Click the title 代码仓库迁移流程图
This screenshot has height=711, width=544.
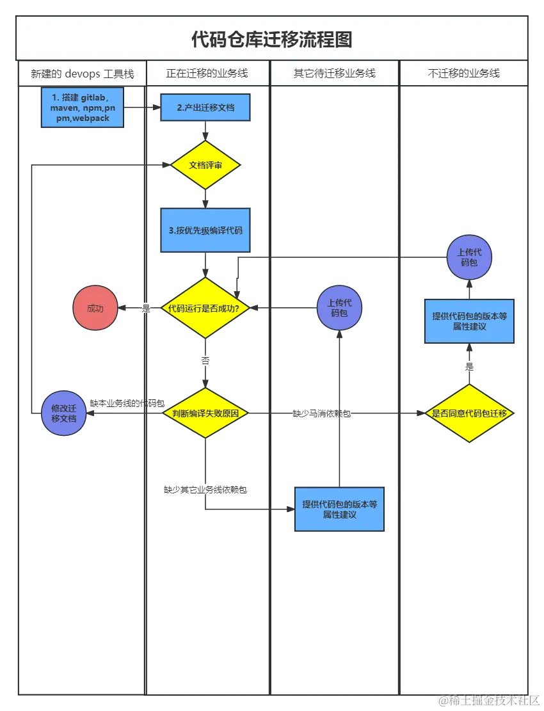click(272, 39)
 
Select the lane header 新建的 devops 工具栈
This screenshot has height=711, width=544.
click(82, 74)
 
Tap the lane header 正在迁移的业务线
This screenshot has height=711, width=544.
click(207, 74)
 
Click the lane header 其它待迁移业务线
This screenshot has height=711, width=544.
click(334, 74)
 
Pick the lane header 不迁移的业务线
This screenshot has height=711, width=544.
click(463, 74)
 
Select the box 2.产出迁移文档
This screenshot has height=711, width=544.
click(205, 108)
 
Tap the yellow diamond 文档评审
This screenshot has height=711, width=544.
click(205, 165)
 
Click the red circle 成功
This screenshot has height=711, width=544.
click(95, 308)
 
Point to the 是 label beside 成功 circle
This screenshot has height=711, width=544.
click(145, 308)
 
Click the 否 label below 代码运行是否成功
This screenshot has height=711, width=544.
click(205, 362)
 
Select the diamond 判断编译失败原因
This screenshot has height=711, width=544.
click(205, 413)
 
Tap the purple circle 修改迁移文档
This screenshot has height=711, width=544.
click(63, 413)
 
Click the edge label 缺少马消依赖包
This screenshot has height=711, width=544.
click(322, 413)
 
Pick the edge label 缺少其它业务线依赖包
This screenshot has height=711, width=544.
click(205, 490)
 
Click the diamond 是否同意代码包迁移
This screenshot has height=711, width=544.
click(470, 413)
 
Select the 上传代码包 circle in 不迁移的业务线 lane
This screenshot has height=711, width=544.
click(470, 257)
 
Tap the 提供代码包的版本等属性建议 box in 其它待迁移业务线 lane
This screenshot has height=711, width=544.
click(339, 509)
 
